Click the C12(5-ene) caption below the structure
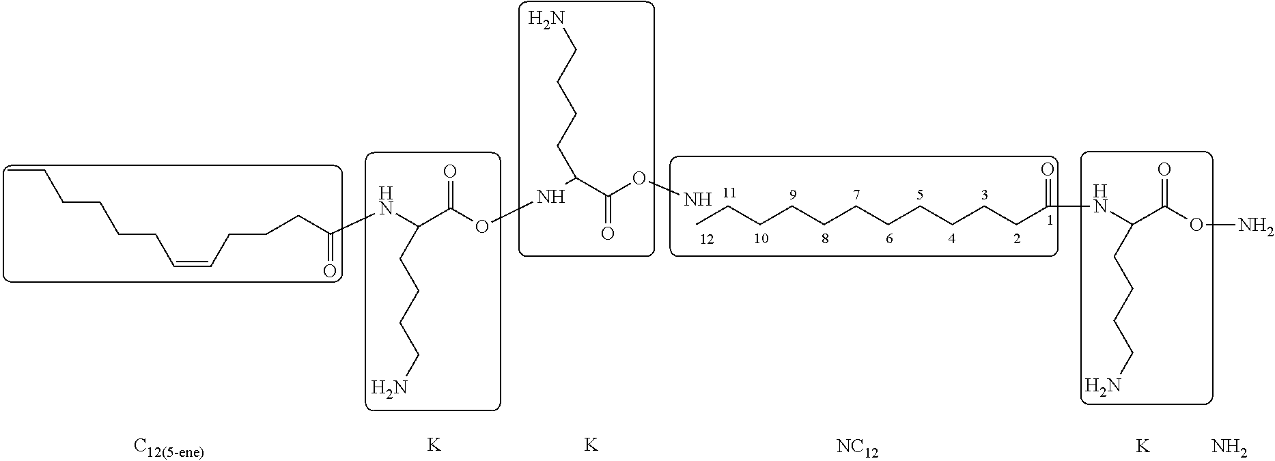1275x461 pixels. pos(169,448)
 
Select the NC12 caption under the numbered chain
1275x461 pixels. pos(857,448)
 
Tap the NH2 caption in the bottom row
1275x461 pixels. pos(1229,448)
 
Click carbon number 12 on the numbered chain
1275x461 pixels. pos(706,239)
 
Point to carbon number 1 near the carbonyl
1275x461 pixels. pos(1050,220)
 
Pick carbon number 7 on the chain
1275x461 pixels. pos(856,195)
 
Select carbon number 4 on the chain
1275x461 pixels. pos(951,239)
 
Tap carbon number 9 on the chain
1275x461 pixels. pos(793,195)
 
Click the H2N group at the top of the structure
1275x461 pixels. pos(546,20)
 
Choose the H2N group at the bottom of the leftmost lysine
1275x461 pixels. pos(389,387)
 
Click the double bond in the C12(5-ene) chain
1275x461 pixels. pos(193,262)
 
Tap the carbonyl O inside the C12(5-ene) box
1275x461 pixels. pos(329,272)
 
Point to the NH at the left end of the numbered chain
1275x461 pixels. pos(697,199)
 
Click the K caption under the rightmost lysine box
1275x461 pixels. pos(1142,447)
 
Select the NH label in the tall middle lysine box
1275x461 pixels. pos(551,198)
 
